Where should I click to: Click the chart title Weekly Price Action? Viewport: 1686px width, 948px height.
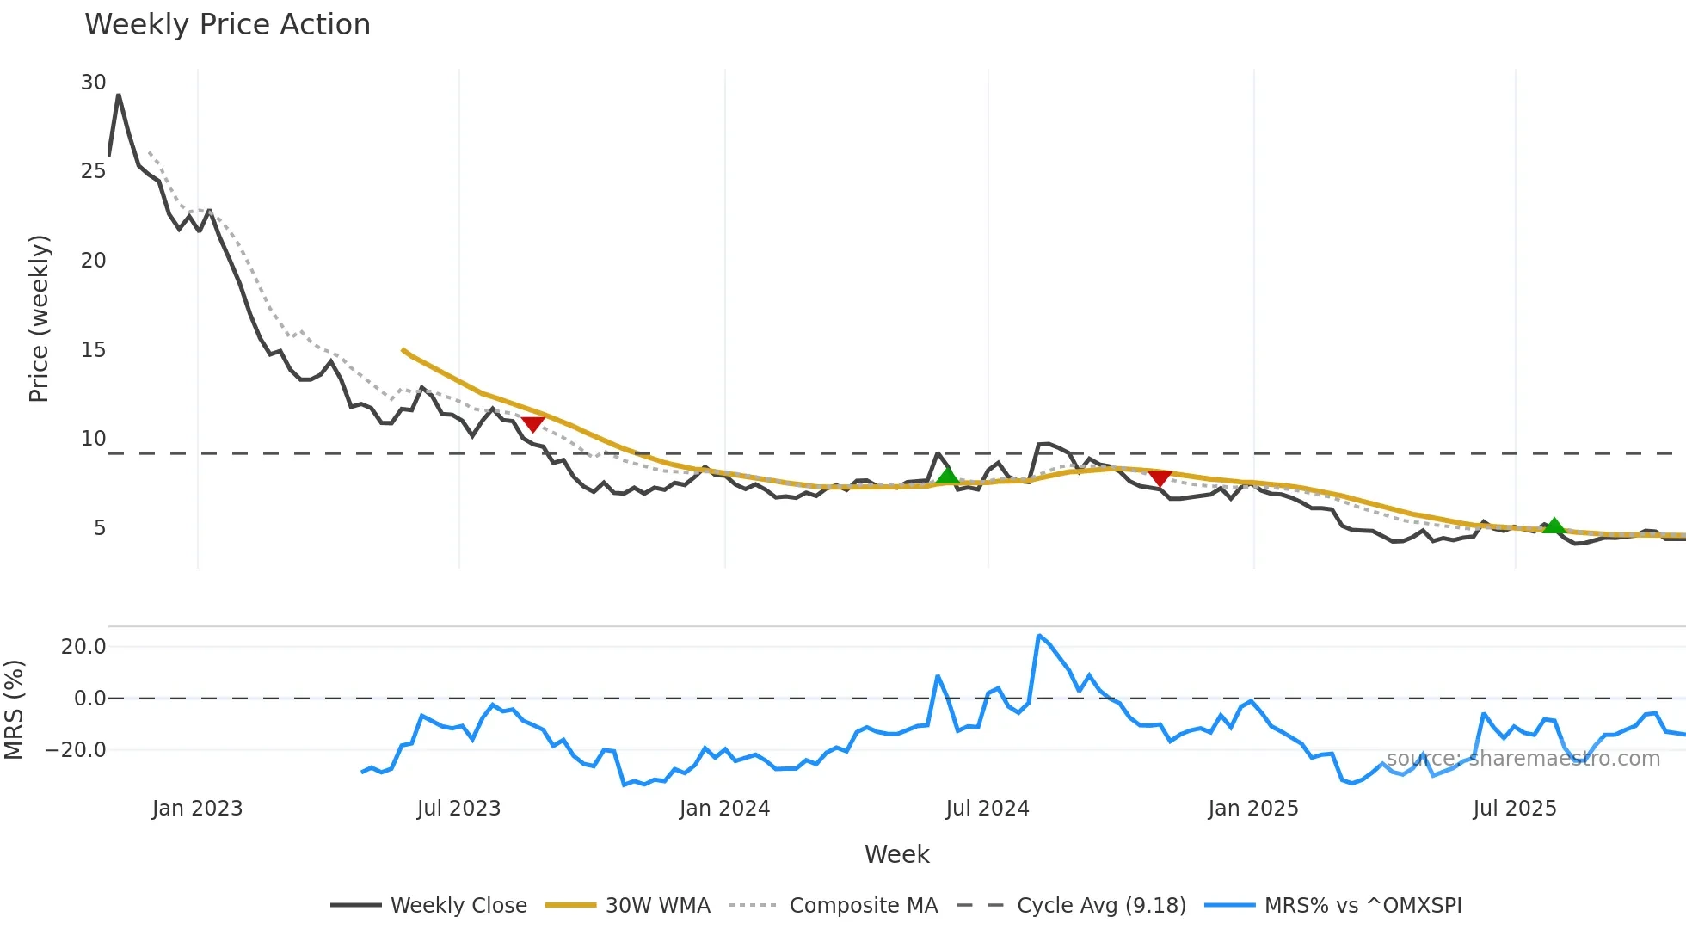(227, 25)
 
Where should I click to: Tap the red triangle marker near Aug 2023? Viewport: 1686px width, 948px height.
(533, 423)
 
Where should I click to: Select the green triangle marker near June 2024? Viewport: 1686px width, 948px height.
(947, 476)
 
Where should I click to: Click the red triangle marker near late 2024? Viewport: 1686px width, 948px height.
(1160, 478)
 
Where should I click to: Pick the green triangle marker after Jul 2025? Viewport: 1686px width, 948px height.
(1554, 526)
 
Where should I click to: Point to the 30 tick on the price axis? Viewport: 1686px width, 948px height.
(93, 83)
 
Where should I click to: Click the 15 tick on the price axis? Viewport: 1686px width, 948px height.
(93, 350)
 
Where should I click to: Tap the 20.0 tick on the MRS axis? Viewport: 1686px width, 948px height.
(83, 647)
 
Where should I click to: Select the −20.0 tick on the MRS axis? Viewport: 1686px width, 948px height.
(77, 750)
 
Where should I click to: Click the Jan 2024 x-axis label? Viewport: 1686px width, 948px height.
(724, 809)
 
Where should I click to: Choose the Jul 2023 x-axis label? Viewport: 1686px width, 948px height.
(458, 809)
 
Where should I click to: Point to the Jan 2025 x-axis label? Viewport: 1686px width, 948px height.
(1252, 809)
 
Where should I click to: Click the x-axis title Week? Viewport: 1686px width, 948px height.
(896, 854)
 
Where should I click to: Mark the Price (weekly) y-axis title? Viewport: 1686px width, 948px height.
(40, 318)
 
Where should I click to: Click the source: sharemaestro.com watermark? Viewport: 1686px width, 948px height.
(1523, 759)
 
